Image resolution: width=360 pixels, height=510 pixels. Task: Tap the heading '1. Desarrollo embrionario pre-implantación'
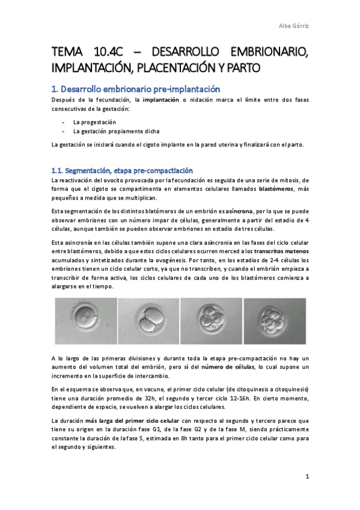coord(140,88)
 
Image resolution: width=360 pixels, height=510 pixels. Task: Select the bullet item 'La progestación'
coord(94,122)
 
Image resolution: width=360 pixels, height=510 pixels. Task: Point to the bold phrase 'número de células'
coord(226,367)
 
